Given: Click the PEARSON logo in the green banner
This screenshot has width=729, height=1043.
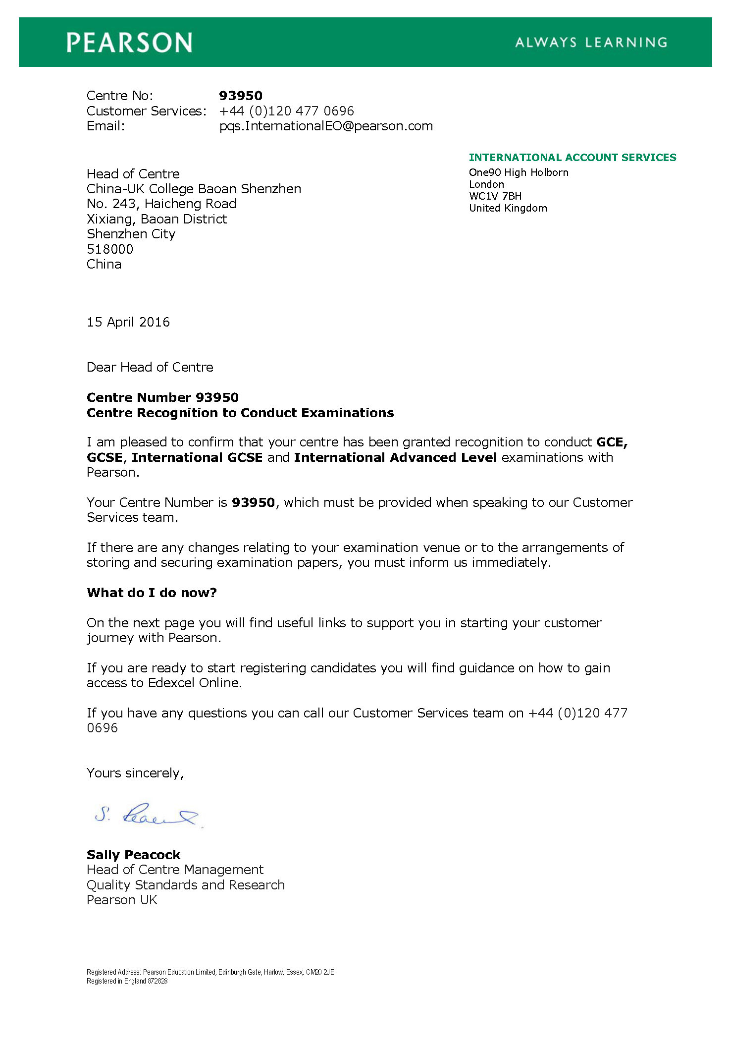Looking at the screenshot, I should [129, 43].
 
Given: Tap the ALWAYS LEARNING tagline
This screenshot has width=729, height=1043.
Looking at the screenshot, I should [591, 43].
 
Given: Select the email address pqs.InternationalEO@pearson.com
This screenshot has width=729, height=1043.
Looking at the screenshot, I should [326, 126].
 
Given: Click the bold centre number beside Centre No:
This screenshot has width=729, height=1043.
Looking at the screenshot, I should [241, 96].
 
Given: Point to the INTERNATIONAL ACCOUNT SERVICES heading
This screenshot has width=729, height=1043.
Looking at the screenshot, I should [572, 158].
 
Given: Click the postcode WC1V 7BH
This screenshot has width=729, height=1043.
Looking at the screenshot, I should [495, 196].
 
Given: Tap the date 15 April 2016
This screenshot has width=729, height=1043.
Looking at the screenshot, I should [128, 322].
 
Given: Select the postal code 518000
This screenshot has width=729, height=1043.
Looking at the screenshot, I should [110, 249].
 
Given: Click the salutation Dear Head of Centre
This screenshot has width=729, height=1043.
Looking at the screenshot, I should [150, 367].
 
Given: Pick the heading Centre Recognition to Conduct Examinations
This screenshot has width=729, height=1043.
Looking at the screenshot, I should [240, 413].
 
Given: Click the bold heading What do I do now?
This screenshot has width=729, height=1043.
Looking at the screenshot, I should [152, 593].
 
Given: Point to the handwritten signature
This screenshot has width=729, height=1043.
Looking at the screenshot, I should [148, 815].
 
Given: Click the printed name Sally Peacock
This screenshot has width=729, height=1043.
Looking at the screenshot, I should [133, 855].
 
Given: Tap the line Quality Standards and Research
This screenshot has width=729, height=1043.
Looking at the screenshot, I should [186, 885].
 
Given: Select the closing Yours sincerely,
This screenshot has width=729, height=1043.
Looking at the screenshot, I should [135, 773].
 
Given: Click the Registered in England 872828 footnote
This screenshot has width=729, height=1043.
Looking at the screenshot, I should [127, 981].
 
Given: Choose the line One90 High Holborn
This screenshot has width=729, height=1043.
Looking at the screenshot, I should [519, 172].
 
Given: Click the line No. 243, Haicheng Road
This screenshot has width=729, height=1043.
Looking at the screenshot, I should [161, 204].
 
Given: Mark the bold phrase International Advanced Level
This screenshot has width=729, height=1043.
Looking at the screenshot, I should [395, 457].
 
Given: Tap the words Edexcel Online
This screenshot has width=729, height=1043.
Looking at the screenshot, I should [195, 683].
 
